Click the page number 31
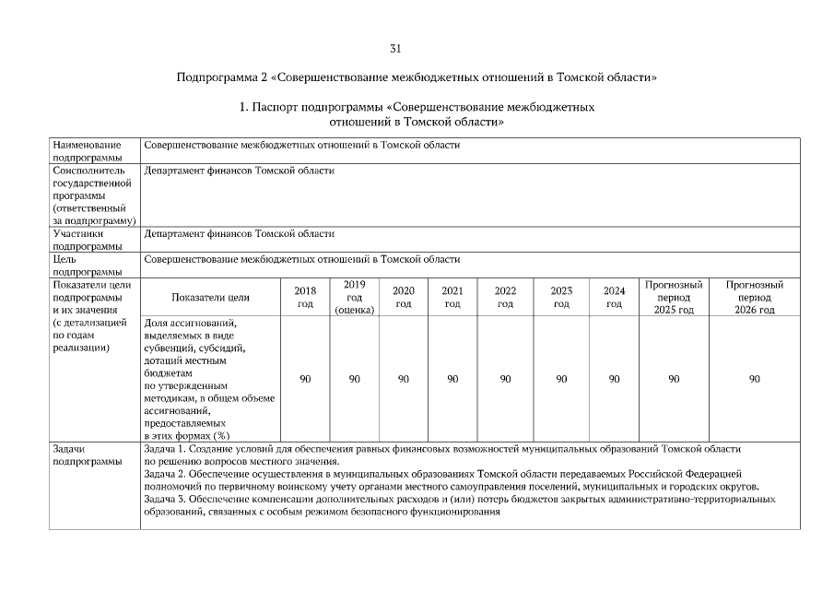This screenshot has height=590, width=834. (x=395, y=48)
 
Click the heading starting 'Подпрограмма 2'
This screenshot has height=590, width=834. (x=417, y=77)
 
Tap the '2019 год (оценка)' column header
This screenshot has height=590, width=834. (x=354, y=297)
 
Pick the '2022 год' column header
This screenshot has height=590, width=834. (x=505, y=297)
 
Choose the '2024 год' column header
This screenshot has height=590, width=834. (x=614, y=297)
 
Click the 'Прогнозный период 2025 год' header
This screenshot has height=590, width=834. (x=674, y=297)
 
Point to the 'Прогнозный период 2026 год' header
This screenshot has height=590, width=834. (x=754, y=297)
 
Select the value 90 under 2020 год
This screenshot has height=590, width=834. (x=403, y=379)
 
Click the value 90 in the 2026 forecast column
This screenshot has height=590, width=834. (x=754, y=379)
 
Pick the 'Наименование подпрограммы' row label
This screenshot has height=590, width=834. (x=88, y=151)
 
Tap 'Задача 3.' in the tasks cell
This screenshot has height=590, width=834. (x=166, y=499)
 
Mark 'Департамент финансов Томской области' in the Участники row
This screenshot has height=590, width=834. (x=240, y=234)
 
